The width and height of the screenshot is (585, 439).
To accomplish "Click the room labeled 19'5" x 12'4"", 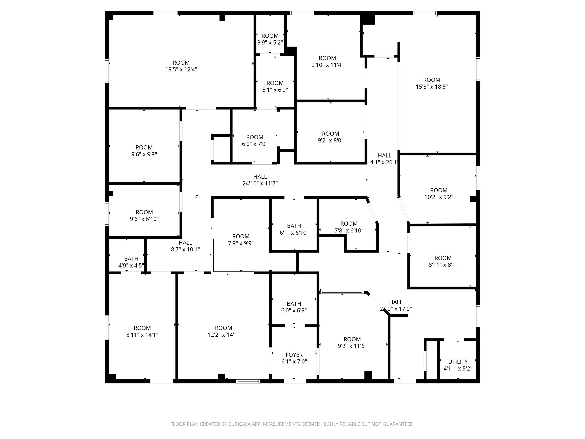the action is tap(181, 66).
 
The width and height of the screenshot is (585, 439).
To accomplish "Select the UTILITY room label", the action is tap(458, 362).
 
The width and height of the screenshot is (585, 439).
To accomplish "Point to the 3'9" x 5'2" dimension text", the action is tap(270, 42).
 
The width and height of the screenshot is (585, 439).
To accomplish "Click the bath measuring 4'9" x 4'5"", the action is tap(131, 262).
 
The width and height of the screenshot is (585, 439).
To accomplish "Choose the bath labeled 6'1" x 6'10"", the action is tap(294, 229).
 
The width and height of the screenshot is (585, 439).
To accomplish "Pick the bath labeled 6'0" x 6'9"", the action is tap(294, 307).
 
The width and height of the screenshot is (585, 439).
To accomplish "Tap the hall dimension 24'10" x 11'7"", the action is tap(260, 183).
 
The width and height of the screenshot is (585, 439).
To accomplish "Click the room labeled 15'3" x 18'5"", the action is tap(432, 83).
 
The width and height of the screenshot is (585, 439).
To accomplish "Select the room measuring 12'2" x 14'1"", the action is tap(224, 331).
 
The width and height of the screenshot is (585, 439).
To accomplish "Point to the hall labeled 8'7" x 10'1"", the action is tap(185, 246).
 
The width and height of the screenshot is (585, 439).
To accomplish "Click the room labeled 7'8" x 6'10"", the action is tap(349, 227).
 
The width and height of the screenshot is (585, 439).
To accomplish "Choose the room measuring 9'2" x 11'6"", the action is tap(352, 342).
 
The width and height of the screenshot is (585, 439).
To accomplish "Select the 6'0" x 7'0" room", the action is tap(255, 140).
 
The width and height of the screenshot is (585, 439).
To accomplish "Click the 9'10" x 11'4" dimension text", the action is tap(327, 65).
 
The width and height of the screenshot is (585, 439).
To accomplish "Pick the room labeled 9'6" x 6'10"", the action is tap(144, 215).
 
